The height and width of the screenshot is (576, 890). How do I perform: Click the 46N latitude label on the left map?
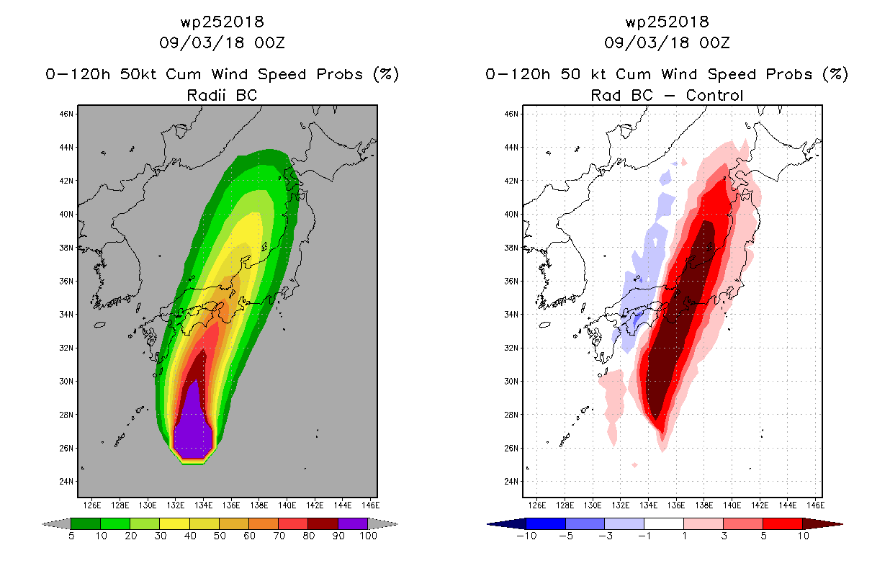click(66, 114)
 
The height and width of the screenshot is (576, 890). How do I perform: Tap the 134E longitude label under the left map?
click(204, 505)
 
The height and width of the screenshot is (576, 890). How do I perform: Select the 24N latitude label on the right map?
click(511, 482)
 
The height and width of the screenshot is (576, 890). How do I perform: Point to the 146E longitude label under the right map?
click(815, 505)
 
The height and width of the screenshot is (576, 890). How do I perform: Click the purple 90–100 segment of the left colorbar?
click(353, 523)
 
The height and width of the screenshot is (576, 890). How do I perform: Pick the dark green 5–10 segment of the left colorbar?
click(86, 523)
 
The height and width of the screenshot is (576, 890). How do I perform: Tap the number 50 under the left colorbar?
click(220, 536)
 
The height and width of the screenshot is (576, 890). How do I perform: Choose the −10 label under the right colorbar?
click(526, 536)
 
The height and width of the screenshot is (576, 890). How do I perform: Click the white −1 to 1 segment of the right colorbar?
click(663, 523)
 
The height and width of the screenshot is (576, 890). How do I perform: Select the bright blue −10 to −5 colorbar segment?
click(546, 523)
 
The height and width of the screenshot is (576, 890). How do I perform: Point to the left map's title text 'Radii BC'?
click(222, 95)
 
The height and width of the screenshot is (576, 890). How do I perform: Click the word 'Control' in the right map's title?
click(714, 95)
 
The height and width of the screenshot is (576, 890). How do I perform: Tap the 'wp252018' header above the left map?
click(222, 22)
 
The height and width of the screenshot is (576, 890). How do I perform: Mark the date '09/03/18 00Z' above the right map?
click(667, 42)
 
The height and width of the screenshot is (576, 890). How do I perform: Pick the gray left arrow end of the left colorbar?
click(56, 523)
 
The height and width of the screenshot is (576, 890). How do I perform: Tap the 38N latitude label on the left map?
click(66, 248)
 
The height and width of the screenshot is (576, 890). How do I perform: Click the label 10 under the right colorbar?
click(803, 536)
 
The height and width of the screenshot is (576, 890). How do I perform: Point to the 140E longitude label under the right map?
click(732, 505)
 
